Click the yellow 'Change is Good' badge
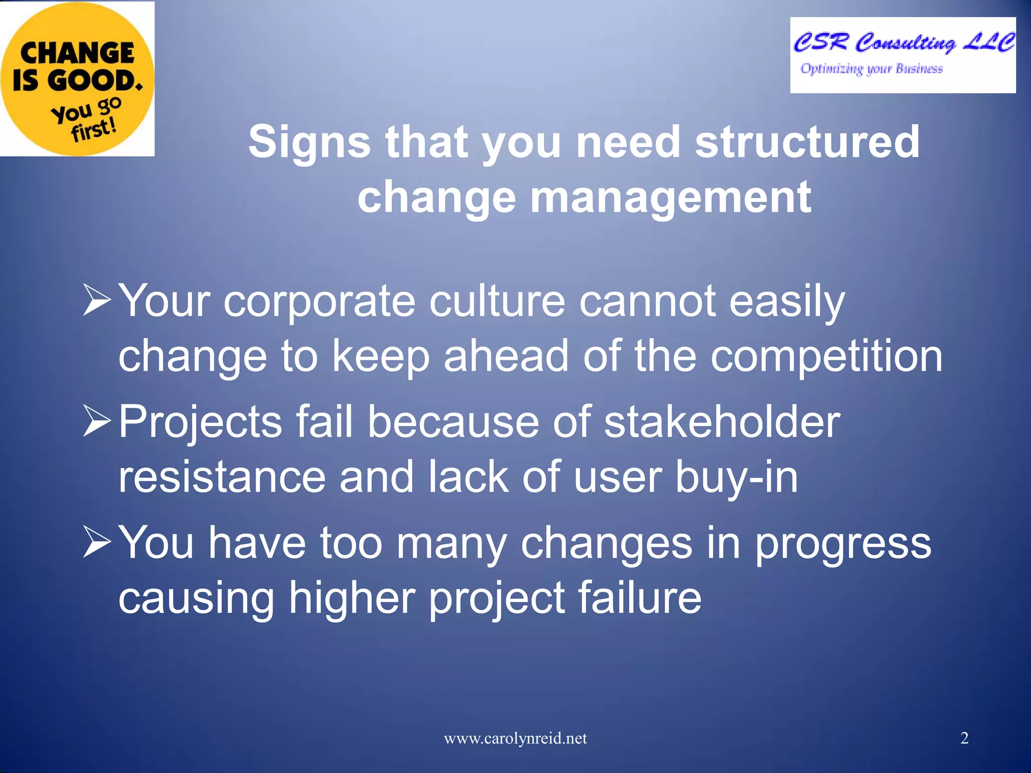tap(77, 78)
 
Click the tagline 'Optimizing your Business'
tap(871, 68)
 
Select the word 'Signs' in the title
tap(309, 142)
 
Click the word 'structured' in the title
tap(807, 142)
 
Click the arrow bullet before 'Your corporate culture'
tap(96, 300)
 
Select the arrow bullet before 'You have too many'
tap(96, 542)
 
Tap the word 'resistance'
tap(222, 477)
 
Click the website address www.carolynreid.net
tap(515, 738)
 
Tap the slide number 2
tap(964, 738)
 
